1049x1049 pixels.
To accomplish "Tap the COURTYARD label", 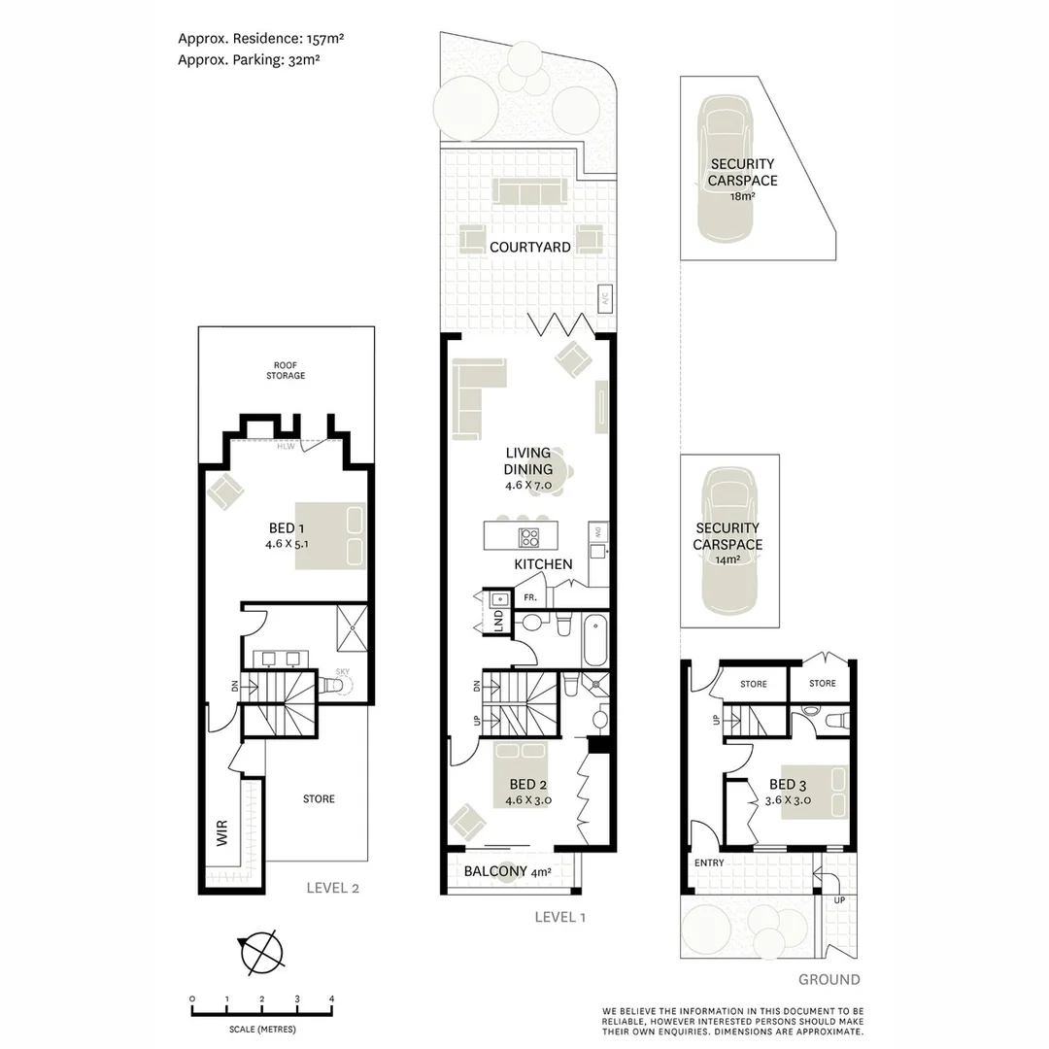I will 529,248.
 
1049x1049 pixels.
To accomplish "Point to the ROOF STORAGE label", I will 286,370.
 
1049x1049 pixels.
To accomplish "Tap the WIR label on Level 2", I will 221,832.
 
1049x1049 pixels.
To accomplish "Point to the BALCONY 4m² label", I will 507,872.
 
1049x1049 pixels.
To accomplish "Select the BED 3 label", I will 788,786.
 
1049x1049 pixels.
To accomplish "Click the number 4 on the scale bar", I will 332,998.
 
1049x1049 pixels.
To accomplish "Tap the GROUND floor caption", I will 829,979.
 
